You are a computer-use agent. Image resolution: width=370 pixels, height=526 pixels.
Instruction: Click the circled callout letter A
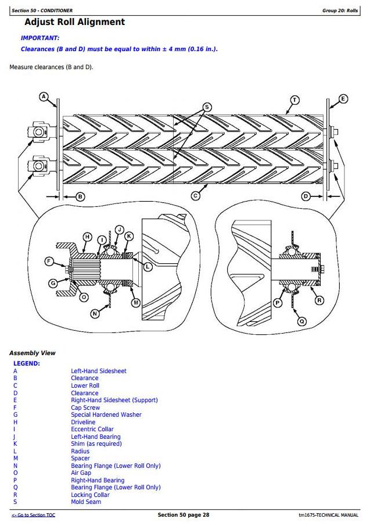pos(44,97)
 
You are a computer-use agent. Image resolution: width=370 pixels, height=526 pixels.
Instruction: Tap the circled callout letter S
pos(207,107)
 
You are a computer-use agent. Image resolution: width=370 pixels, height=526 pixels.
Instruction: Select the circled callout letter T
pos(294,100)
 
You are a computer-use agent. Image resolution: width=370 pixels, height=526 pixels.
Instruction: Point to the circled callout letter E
pos(343,99)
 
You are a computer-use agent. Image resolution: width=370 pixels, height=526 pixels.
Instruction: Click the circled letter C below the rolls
pos(195,196)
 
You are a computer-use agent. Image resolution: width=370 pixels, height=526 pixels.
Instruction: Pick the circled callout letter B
pos(80,196)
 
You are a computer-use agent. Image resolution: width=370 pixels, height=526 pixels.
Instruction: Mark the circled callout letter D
pos(306,196)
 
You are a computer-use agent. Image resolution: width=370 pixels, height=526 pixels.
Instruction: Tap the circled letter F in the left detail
pos(49,262)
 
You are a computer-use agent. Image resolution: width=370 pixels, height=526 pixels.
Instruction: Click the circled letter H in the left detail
pos(88,237)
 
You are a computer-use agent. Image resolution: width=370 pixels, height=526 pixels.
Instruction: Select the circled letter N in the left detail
pos(95,314)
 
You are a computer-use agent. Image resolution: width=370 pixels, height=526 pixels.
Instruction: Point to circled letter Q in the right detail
pos(302,321)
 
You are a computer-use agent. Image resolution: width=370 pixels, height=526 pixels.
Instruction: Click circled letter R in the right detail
pos(319,300)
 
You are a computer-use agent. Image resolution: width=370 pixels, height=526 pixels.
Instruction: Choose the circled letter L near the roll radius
pos(148,267)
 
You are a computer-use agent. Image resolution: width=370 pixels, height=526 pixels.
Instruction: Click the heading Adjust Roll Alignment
pos(75,22)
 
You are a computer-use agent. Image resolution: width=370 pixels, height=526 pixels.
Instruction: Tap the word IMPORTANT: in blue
pos(40,38)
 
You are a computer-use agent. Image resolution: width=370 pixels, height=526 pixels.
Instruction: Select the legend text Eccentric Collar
pos(92,429)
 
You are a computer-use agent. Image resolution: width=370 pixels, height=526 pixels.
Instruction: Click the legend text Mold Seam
pos(86,502)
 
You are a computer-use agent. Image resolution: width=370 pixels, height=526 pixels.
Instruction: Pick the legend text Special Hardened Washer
pos(106,414)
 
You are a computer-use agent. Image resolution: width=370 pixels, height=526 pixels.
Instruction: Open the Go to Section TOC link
pos(33,515)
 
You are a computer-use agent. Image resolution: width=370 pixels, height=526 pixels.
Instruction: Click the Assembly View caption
pos(32,353)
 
